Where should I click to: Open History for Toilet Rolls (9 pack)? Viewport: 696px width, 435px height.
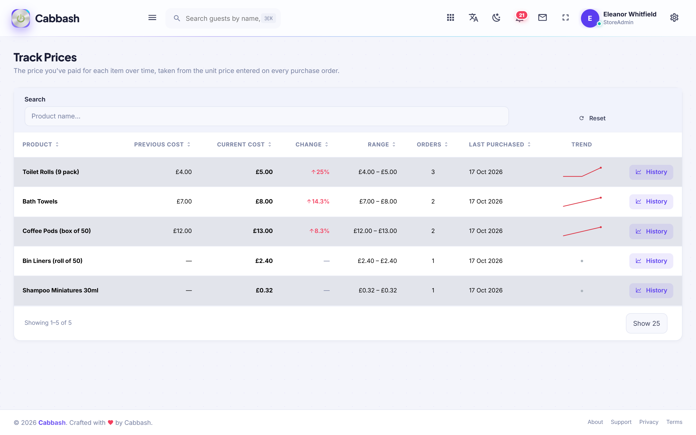click(651, 172)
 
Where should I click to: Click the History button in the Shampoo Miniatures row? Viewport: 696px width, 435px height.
click(651, 290)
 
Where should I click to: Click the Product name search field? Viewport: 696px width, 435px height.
click(267, 116)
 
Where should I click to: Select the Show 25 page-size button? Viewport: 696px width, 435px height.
click(646, 323)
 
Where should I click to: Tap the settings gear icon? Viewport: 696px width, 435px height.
click(674, 18)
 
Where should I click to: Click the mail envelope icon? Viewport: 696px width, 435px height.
click(542, 18)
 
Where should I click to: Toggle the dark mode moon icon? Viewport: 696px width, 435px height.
click(496, 18)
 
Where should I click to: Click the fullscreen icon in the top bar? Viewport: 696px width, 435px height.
click(565, 18)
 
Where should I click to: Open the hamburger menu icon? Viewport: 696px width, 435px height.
click(152, 18)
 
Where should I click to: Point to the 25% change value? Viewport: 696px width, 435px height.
click(320, 172)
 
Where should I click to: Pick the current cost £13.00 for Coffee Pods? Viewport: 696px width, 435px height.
click(263, 231)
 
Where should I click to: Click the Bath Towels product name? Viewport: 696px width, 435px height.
click(40, 201)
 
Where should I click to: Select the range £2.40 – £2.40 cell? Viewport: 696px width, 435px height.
click(377, 261)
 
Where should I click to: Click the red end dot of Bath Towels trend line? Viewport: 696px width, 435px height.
click(601, 198)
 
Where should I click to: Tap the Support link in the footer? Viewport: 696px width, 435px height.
click(621, 422)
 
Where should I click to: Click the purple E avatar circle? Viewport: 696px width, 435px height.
click(590, 18)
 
